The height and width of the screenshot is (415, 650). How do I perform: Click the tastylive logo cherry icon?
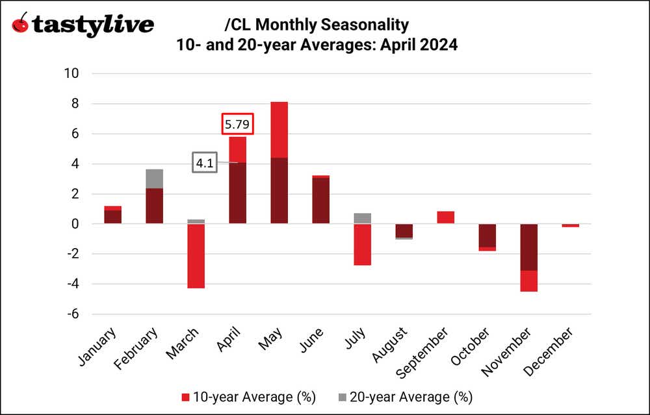[20, 24]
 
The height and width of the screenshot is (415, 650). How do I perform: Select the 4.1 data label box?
[205, 163]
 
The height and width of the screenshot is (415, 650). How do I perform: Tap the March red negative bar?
[196, 256]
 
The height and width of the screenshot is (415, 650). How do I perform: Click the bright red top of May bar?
[279, 130]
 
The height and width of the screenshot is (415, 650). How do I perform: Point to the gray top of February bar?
[154, 179]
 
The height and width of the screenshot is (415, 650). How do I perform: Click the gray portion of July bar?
[363, 218]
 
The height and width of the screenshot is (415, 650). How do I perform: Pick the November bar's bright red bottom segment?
[530, 281]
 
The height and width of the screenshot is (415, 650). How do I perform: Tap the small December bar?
[571, 225]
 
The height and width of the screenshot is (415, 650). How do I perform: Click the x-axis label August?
[390, 344]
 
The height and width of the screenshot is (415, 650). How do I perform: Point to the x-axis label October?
[474, 345]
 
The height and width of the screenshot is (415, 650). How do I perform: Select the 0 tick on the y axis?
[75, 224]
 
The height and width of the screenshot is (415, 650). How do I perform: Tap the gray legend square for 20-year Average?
[343, 396]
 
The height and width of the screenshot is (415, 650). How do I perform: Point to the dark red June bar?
[321, 201]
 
